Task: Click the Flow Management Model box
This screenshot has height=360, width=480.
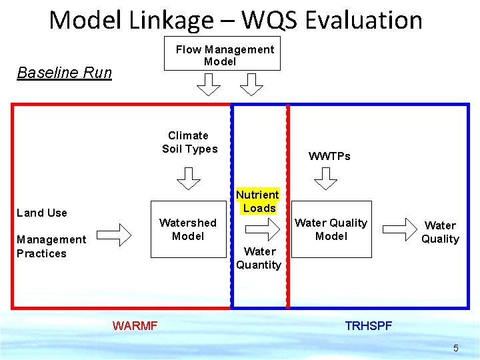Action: pos(222,54)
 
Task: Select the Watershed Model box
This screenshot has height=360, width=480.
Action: pos(187,229)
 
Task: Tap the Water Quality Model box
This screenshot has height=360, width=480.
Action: pos(331,229)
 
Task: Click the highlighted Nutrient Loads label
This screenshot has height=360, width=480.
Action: pos(258,201)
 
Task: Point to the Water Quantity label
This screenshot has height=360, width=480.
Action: pos(259,258)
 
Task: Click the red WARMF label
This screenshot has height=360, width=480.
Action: pos(135,326)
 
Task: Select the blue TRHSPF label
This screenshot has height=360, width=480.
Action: pos(368,326)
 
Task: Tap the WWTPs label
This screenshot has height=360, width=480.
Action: pos(329,156)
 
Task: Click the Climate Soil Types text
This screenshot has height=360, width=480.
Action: pos(189,142)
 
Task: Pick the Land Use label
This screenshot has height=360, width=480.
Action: pos(42,213)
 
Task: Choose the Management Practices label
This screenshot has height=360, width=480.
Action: pos(51,246)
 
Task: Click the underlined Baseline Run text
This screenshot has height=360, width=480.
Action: pos(64,73)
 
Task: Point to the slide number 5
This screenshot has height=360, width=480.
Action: pos(456,348)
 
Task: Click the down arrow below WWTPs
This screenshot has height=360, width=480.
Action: pos(326,178)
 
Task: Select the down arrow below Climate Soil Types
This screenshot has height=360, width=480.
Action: pos(188,178)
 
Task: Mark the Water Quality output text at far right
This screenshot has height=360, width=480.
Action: pos(440,232)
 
